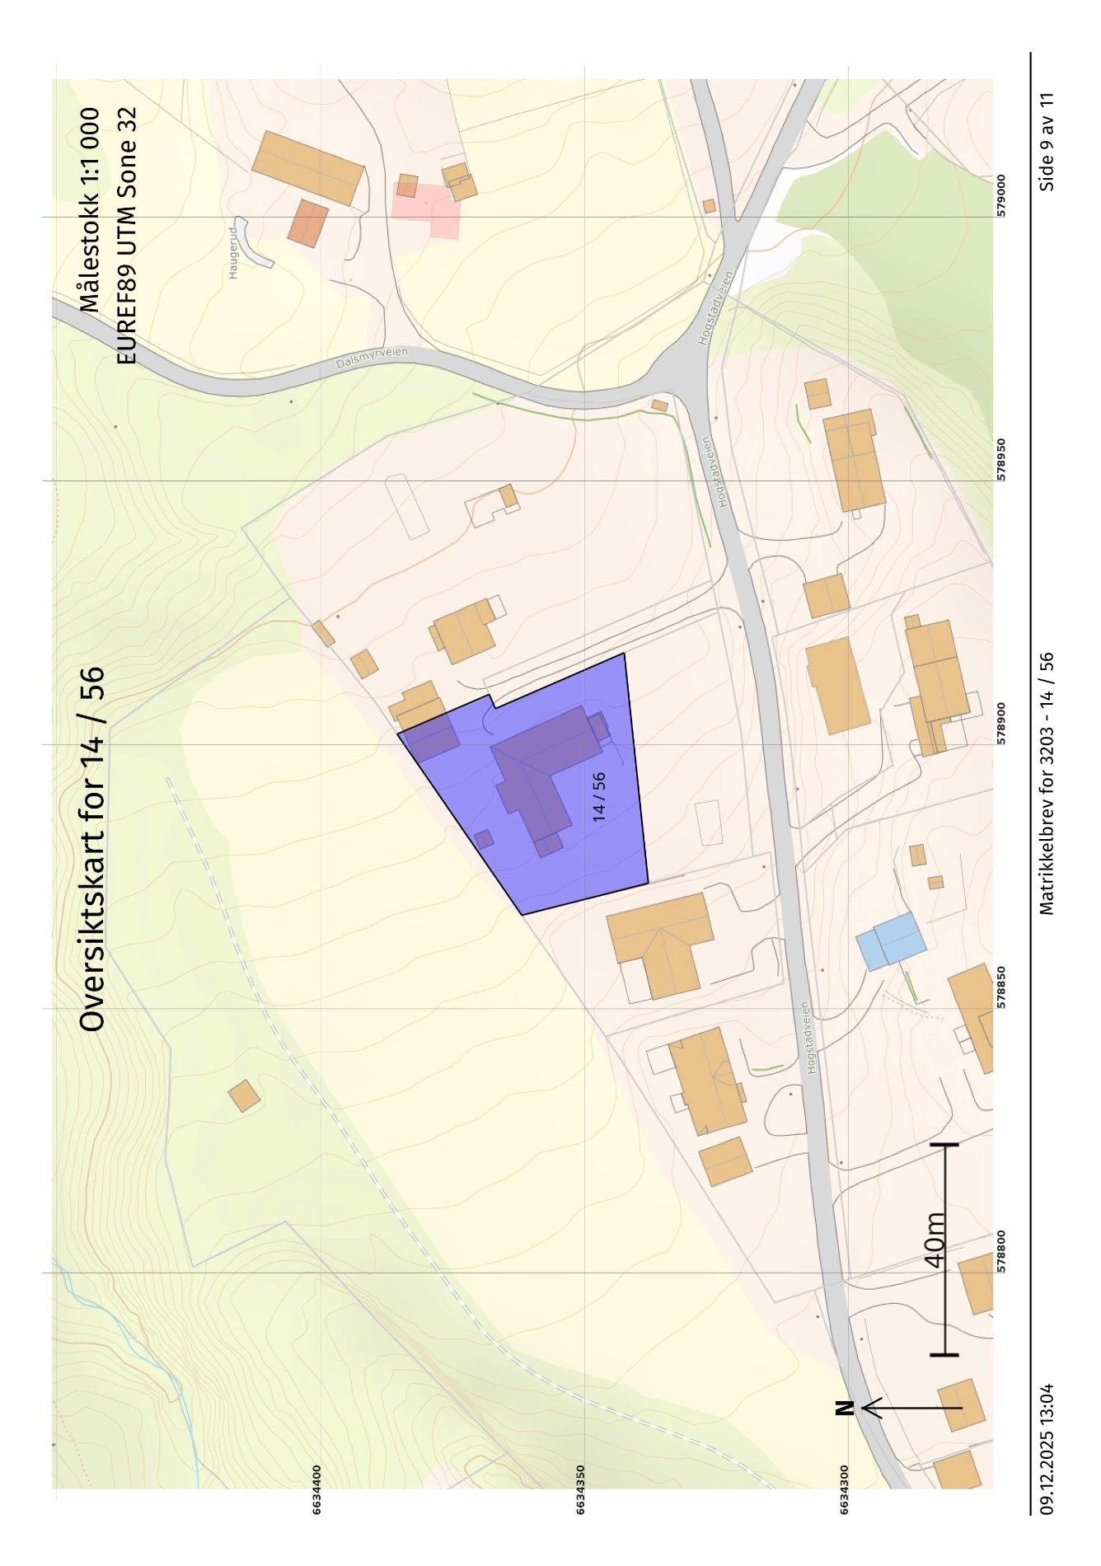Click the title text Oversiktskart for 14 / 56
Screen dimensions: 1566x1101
point(92,848)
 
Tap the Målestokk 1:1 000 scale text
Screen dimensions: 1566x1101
point(89,210)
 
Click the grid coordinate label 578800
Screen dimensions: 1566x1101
point(1001,1252)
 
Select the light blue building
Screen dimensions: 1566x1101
point(891,940)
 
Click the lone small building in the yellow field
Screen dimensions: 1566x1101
point(244,1096)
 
